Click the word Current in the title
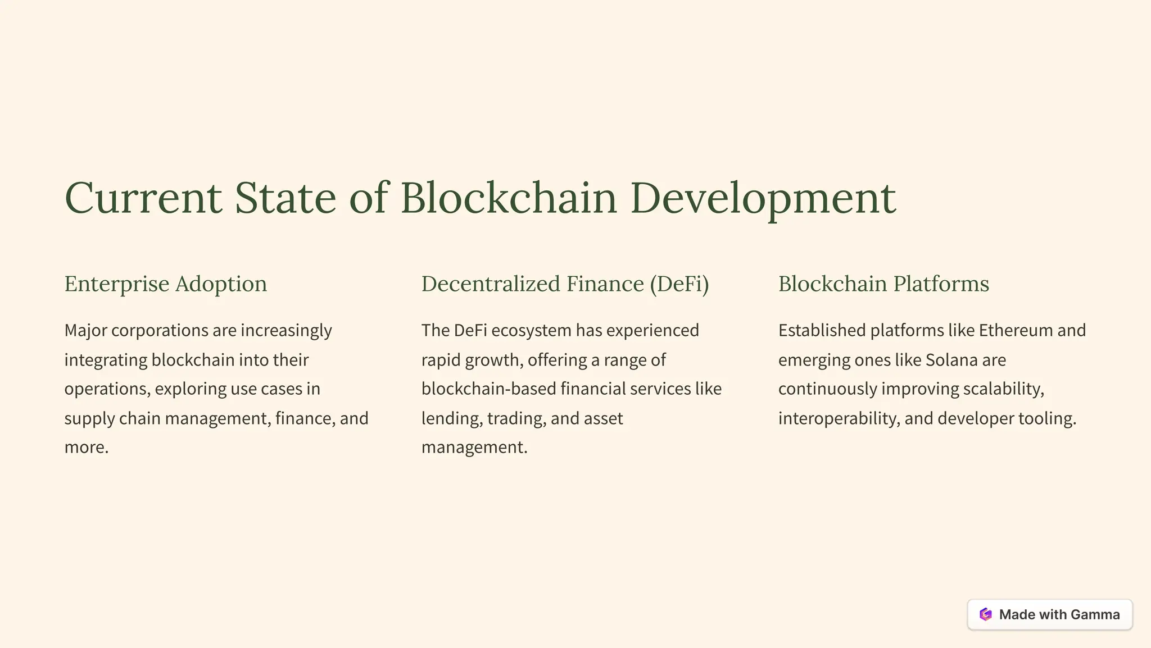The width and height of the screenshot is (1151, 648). pyautogui.click(x=143, y=198)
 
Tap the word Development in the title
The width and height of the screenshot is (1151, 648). pyautogui.click(x=763, y=198)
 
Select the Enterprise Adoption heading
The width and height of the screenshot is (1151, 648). pyautogui.click(x=166, y=284)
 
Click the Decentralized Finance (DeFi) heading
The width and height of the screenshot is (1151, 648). pyautogui.click(x=565, y=284)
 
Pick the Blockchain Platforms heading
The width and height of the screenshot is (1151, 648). pyautogui.click(x=883, y=284)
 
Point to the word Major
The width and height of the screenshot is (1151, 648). pyautogui.click(x=85, y=331)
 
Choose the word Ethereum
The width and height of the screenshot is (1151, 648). pyautogui.click(x=1016, y=331)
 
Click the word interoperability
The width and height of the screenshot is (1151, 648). pyautogui.click(x=839, y=419)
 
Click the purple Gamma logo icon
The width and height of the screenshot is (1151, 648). pyautogui.click(x=985, y=614)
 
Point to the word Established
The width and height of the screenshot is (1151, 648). pyautogui.click(x=822, y=331)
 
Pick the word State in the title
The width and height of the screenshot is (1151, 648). pyautogui.click(x=285, y=198)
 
